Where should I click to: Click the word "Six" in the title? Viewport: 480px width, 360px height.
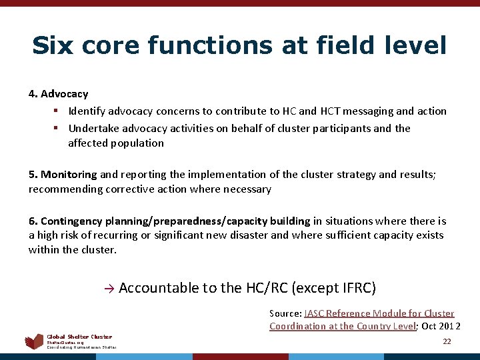click(x=52, y=45)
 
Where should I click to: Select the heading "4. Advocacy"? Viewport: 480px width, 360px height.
click(x=58, y=94)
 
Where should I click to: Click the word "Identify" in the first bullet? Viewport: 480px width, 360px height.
click(x=86, y=111)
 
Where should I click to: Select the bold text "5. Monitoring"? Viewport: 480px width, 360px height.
click(x=63, y=174)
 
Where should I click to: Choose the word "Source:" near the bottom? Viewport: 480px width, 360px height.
click(x=285, y=313)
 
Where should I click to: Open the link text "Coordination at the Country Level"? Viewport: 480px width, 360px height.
click(x=342, y=326)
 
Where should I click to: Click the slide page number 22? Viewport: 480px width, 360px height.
click(x=447, y=341)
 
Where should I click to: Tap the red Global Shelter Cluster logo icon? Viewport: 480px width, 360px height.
click(x=34, y=342)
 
